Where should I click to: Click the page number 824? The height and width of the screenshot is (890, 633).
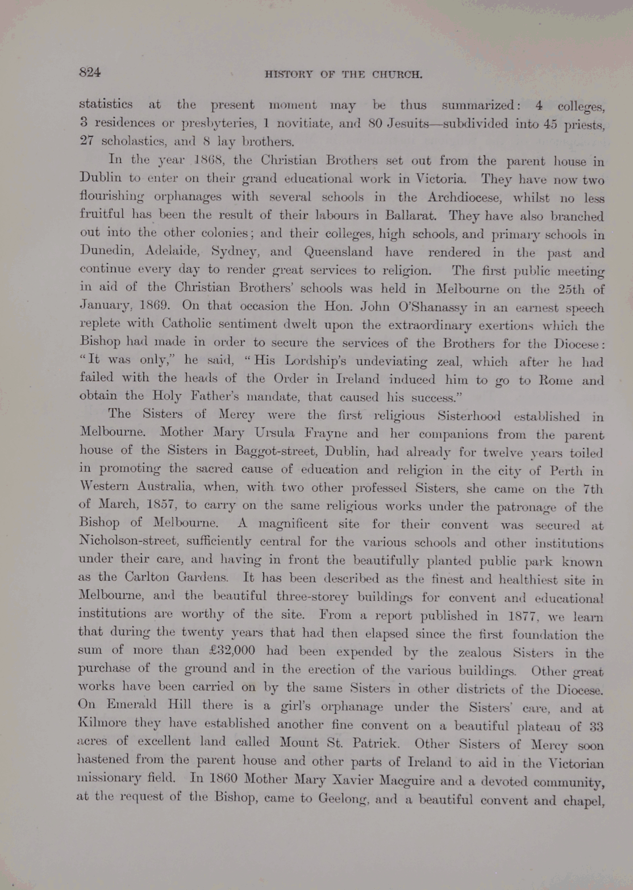click(x=90, y=72)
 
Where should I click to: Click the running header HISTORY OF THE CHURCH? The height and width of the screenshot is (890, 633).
click(x=344, y=74)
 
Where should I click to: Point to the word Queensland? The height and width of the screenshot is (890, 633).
click(x=339, y=251)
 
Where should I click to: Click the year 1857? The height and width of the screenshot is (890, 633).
click(x=163, y=505)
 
